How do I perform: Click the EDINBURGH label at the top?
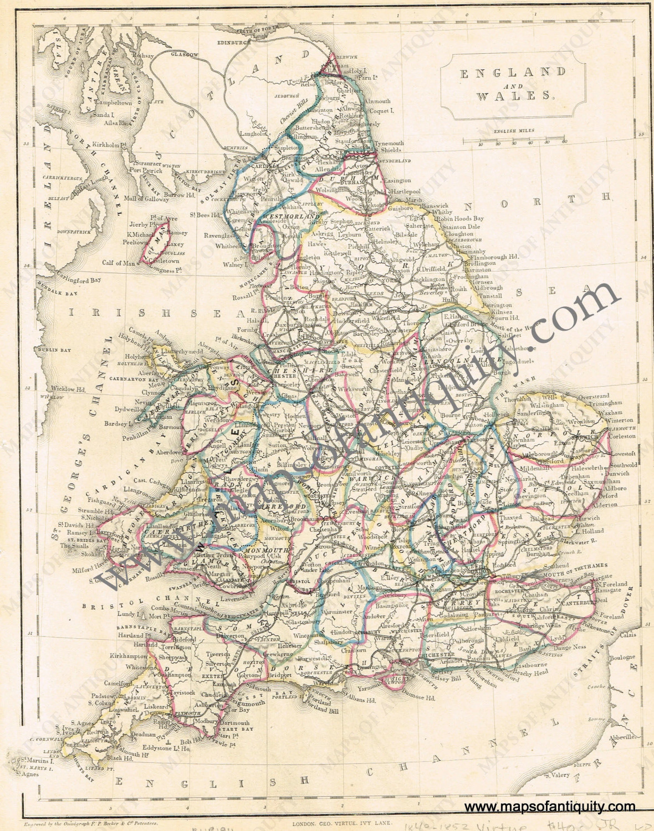[234, 43]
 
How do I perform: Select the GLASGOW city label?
[185, 55]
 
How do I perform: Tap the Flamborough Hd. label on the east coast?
[497, 257]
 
